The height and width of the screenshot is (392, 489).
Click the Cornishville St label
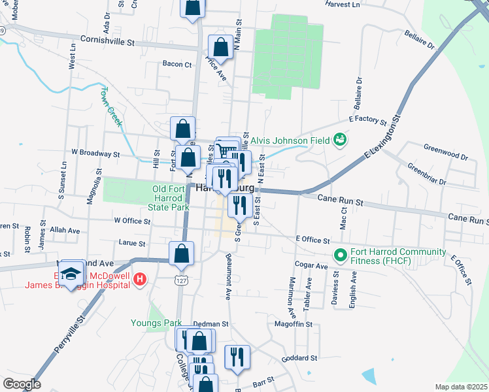pyautogui.click(x=107, y=41)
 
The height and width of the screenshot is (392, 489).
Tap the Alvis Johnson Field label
pyautogui.click(x=289, y=139)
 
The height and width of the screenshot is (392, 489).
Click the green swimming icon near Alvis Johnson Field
pyautogui.click(x=339, y=139)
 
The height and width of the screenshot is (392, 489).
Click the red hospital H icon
pyautogui.click(x=138, y=280)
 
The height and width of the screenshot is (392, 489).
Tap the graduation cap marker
pyautogui.click(x=71, y=272)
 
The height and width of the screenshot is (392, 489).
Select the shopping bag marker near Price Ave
pyautogui.click(x=220, y=46)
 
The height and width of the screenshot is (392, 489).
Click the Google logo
pyautogui.click(x=22, y=384)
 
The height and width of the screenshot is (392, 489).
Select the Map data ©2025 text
pyautogui.click(x=461, y=387)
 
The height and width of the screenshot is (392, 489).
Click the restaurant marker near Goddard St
pyautogui.click(x=237, y=357)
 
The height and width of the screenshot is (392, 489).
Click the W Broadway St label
pyautogui.click(x=95, y=153)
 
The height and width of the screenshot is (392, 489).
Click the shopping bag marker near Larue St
pyautogui.click(x=181, y=253)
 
